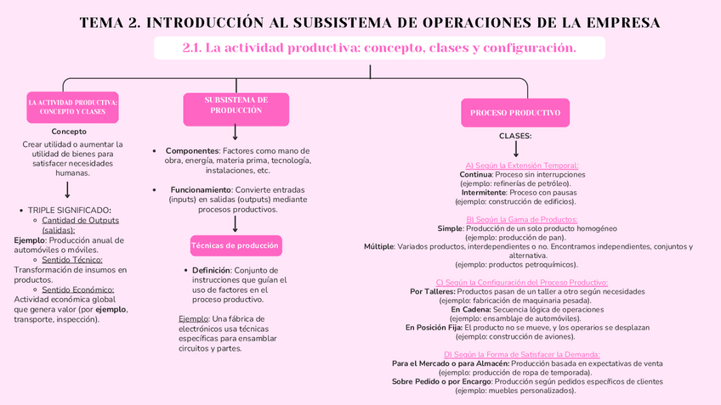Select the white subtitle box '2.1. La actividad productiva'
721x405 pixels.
(379, 48)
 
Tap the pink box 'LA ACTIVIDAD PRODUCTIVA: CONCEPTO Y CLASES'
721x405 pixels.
(72, 107)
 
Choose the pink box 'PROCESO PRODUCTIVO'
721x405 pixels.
(515, 112)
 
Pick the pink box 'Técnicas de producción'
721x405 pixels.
(235, 245)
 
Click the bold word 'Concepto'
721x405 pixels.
(69, 132)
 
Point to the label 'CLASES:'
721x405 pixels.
(515, 136)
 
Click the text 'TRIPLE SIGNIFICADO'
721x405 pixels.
(68, 210)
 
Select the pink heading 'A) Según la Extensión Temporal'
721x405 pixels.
(521, 165)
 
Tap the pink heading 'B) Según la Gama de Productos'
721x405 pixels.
(521, 219)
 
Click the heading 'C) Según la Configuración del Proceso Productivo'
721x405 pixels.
(521, 282)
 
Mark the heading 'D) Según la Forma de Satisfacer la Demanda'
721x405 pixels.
(521, 354)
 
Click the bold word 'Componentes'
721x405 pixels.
(191, 150)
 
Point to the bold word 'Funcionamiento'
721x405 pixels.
(201, 189)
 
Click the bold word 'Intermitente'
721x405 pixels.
(484, 192)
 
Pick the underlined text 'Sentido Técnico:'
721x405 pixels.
(72, 260)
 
